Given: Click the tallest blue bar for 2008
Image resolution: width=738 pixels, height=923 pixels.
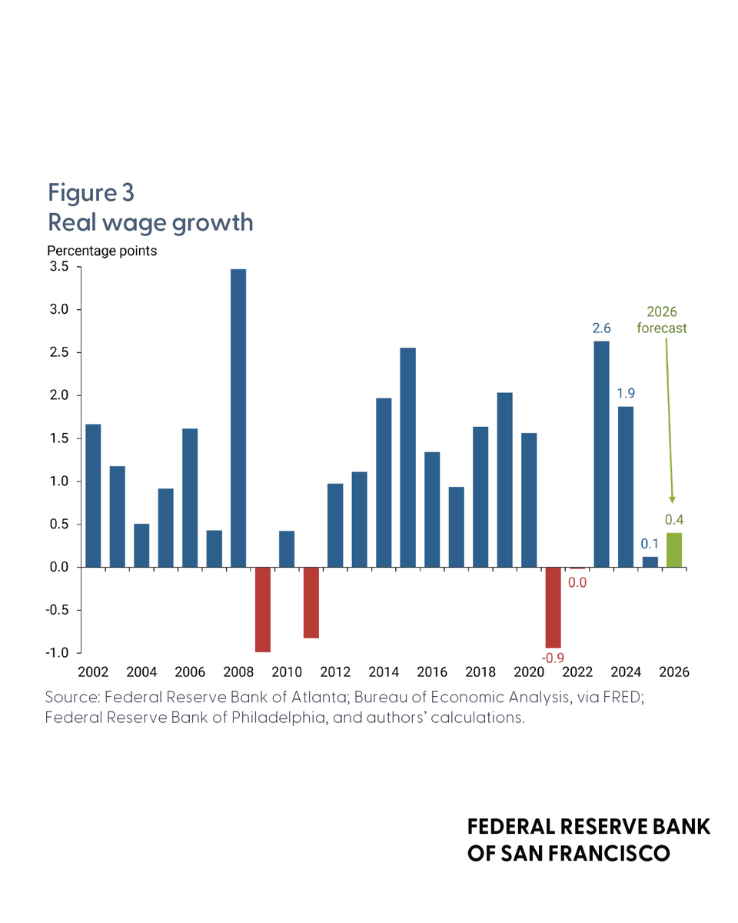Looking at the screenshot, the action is (x=238, y=418).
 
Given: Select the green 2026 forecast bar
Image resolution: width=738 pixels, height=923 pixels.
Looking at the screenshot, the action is (x=673, y=550).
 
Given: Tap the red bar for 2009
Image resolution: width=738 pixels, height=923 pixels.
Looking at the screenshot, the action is (x=262, y=609).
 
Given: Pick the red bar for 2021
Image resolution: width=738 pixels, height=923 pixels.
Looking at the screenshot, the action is (x=553, y=608).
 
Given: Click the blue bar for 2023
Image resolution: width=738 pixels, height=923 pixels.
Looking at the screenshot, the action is (x=601, y=455).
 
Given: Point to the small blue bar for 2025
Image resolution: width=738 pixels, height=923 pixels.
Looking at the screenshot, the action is (x=650, y=561).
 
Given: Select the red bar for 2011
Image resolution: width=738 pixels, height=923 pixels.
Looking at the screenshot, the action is (x=311, y=602).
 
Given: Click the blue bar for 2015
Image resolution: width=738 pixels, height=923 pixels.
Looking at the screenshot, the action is (x=407, y=457).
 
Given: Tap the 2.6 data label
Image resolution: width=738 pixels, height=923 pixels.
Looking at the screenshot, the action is (x=601, y=328).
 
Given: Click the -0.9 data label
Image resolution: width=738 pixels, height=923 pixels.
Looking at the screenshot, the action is (x=553, y=658).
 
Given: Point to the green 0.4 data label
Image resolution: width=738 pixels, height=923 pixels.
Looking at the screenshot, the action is (x=674, y=520).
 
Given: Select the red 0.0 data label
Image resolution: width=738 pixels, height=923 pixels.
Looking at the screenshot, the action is (x=577, y=582).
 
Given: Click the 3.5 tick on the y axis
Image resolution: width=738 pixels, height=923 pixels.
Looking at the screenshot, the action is (x=59, y=266).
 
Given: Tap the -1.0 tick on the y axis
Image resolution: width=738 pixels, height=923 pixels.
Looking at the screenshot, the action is (x=57, y=653).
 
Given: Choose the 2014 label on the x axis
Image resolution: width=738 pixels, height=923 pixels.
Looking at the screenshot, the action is (x=384, y=671).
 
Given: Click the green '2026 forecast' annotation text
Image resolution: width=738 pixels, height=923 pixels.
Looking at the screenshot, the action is (x=661, y=320).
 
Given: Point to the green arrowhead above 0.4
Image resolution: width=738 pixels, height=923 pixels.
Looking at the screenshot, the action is (x=672, y=500).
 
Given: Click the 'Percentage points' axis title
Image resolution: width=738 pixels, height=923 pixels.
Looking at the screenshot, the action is (x=102, y=251).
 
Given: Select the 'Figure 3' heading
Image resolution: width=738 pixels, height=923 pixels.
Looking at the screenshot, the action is (x=91, y=192).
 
